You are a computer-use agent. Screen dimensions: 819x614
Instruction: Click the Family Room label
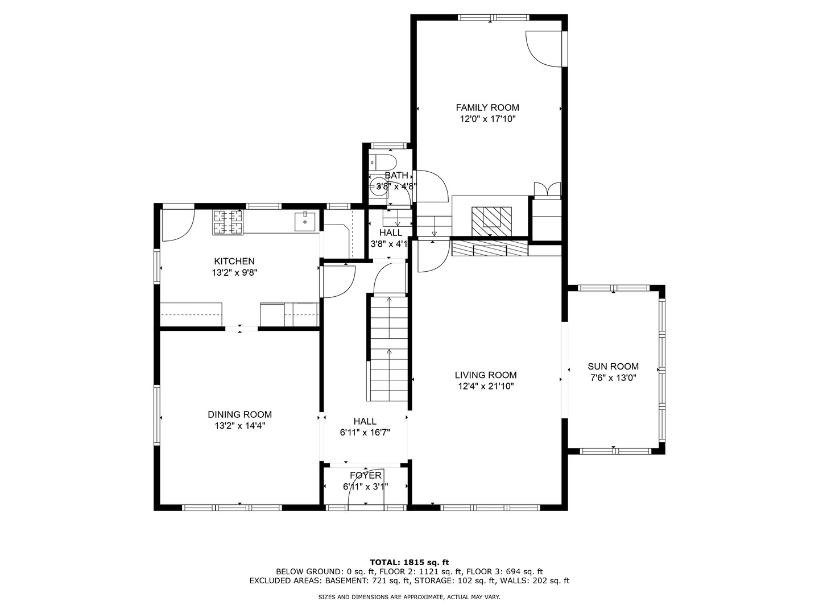point(487,107)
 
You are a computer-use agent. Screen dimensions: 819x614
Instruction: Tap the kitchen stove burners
point(227,222)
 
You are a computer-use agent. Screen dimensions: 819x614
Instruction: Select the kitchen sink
point(304,222)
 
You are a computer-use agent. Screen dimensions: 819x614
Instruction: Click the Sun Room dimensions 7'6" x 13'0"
point(613,378)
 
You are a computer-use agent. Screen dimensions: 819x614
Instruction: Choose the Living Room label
point(486,375)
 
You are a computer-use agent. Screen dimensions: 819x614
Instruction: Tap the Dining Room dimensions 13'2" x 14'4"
point(239,426)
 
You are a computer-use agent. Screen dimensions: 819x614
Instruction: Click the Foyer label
point(365,475)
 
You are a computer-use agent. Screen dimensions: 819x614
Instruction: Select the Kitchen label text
point(234,262)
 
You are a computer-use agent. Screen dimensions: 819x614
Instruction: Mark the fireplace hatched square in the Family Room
point(491,222)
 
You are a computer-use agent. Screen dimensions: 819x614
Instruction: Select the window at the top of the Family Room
point(493,18)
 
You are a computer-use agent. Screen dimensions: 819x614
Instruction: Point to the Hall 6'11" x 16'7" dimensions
point(365,433)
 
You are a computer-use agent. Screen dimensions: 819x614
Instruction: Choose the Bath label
point(396,175)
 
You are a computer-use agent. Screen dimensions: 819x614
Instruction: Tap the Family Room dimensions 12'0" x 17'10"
point(487,119)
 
